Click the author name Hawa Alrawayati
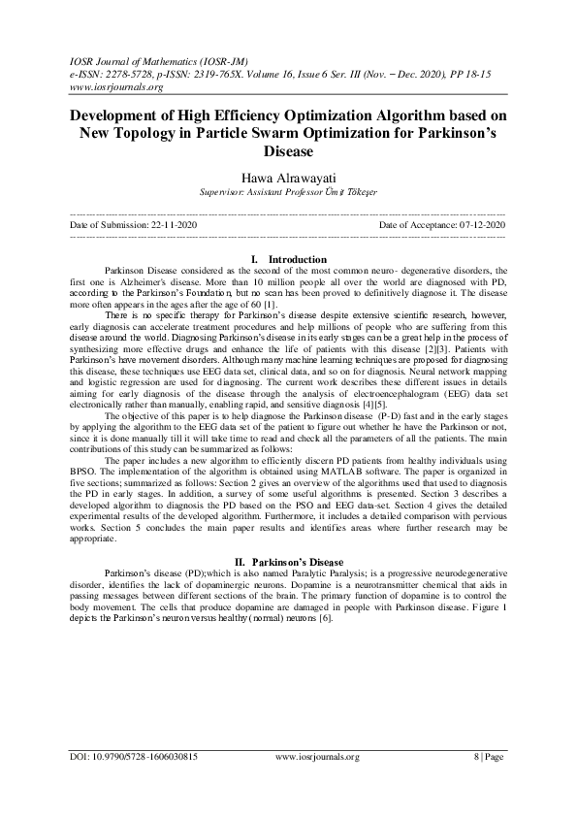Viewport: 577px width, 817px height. pos(287,178)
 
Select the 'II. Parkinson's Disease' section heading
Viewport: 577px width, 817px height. pos(289,561)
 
